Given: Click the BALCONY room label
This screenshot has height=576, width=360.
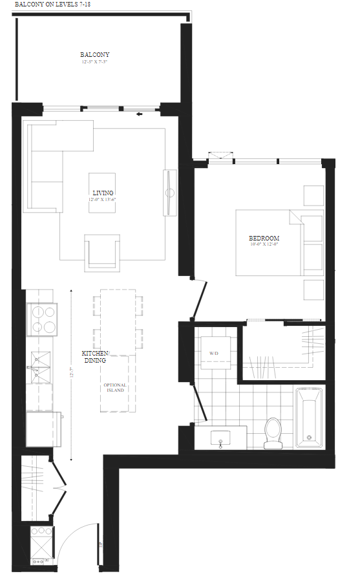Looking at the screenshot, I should tap(95, 55).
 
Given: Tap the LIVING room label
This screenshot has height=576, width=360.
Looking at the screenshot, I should tap(103, 193).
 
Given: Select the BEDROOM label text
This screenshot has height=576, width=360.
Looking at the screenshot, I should tap(264, 238).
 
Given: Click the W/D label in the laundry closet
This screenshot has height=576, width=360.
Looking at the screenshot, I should tap(215, 354).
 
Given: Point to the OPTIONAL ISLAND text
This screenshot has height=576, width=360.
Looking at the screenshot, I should tap(116, 388).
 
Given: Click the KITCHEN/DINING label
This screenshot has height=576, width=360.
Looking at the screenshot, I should tap(96, 357).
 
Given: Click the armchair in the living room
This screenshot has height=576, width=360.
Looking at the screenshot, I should tap(103, 253).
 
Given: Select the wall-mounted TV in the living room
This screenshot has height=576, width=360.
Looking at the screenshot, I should tap(169, 192).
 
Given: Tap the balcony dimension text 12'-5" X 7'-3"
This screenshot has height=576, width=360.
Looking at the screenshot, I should tap(95, 63).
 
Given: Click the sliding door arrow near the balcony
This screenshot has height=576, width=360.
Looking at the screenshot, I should tap(139, 115).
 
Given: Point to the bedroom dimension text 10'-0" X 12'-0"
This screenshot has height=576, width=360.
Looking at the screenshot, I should tap(264, 244).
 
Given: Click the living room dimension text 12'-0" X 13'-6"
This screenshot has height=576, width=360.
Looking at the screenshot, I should tap(102, 200).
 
